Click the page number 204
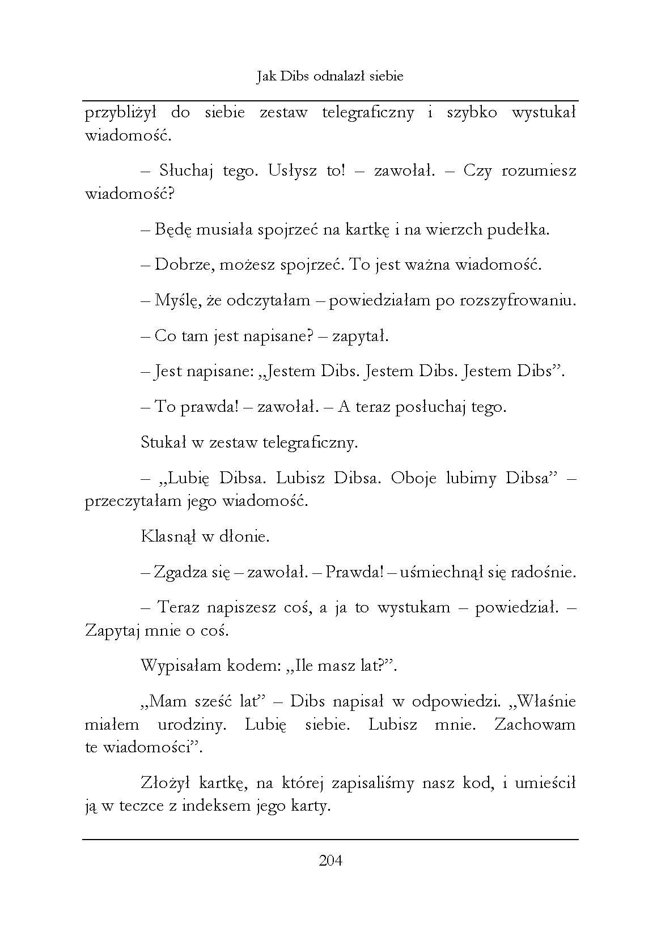330,861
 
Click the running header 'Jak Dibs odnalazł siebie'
330,76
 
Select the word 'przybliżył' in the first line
120,113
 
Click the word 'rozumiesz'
539,171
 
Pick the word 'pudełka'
520,229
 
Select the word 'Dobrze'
183,265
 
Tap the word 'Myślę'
176,301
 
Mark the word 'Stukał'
163,442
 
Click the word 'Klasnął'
167,536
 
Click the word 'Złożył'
165,783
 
